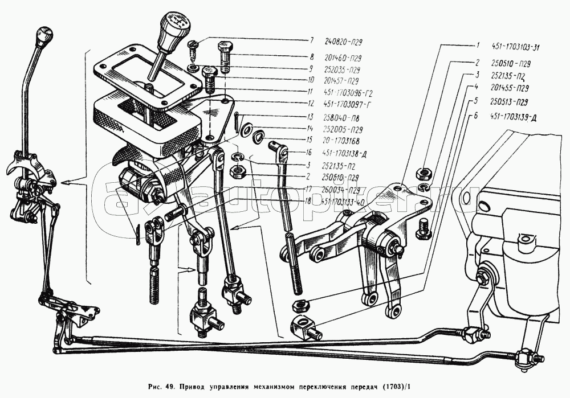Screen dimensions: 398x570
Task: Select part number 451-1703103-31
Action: (x=518, y=47)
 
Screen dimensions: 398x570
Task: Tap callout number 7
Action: (x=312, y=41)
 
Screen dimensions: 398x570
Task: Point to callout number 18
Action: (x=307, y=200)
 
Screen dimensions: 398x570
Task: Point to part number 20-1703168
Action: (x=343, y=139)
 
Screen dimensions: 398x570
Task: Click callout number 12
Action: (x=312, y=104)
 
